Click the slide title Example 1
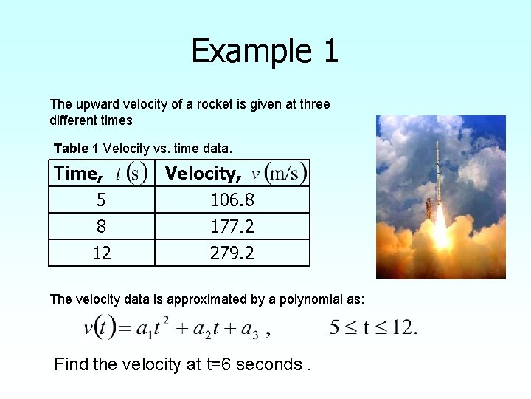[265, 51]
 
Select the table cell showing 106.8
[232, 200]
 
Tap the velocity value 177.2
[232, 226]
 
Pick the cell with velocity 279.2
[232, 253]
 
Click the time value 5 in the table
[101, 200]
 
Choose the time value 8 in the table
[101, 226]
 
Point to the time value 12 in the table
[101, 253]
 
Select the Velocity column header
[235, 174]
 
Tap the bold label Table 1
[77, 149]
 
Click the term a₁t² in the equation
[154, 327]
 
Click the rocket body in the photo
[437, 174]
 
